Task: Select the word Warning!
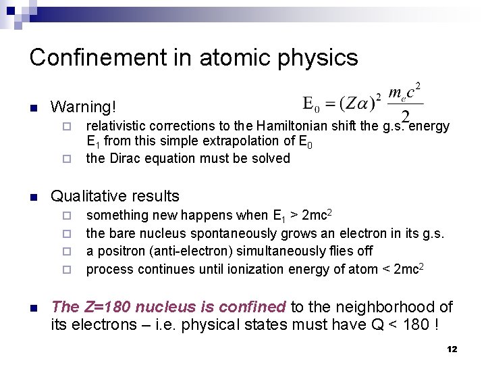[84, 107]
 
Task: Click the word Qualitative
[90, 196]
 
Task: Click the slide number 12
[452, 349]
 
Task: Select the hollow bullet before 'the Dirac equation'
[66, 160]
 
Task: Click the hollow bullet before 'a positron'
[66, 252]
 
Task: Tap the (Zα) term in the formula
[352, 103]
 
